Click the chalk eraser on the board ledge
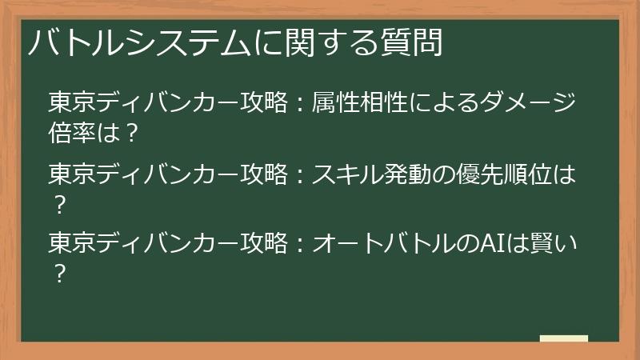563,339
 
